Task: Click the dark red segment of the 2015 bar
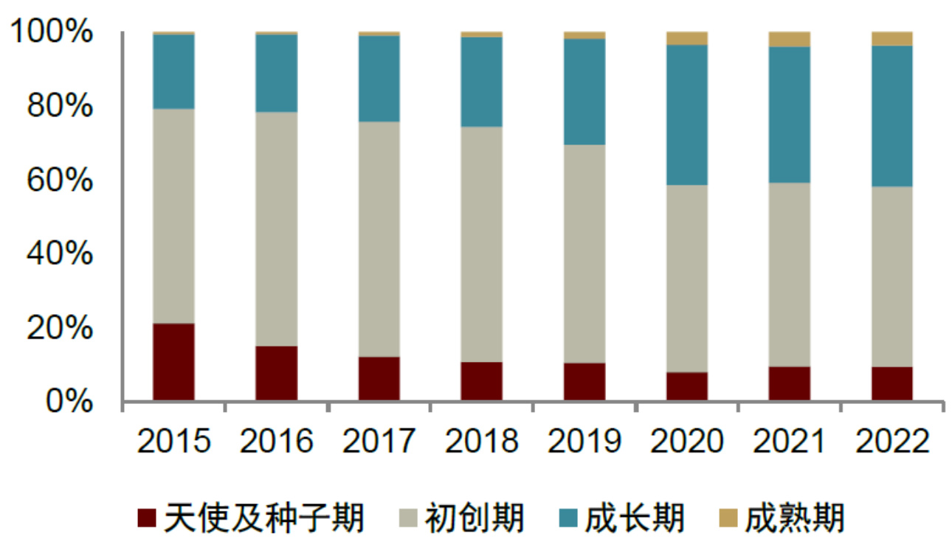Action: pos(173,362)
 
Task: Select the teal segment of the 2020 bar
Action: pos(686,114)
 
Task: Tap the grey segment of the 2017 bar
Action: pos(379,239)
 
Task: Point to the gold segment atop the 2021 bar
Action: pos(789,39)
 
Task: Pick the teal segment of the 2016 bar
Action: pos(276,73)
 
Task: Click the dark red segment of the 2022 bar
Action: pos(891,383)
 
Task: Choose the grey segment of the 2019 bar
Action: pos(584,254)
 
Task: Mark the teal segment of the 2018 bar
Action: pos(481,81)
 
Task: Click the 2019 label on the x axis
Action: pos(584,442)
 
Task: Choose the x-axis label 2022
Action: pos(891,442)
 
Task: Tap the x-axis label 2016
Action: pos(276,442)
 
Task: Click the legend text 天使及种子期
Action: pos(264,518)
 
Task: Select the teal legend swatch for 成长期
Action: pos(566,519)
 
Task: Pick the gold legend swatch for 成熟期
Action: pos(727,519)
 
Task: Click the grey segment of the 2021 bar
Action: pos(789,274)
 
